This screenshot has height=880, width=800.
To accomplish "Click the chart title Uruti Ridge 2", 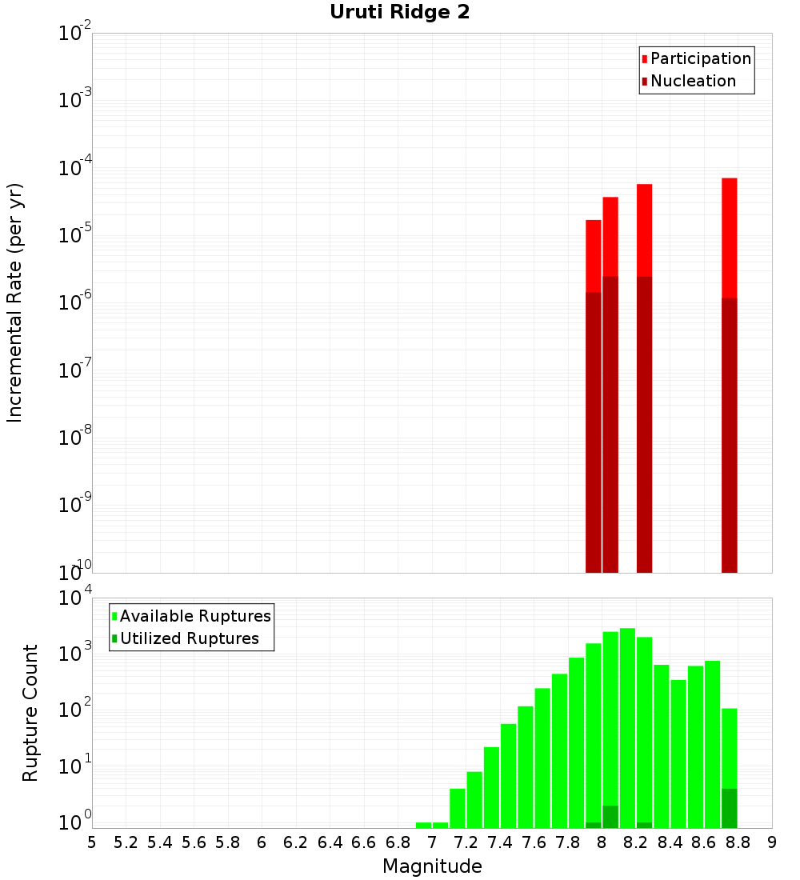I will [x=399, y=13].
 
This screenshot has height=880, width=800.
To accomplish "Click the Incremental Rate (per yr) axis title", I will [x=15, y=302].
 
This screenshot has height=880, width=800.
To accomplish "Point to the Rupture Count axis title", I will [x=30, y=713].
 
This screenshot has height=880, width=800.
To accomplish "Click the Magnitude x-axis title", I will [x=432, y=866].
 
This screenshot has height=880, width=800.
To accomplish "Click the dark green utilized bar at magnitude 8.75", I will [x=729, y=808].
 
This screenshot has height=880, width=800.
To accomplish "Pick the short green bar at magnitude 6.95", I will [x=423, y=825].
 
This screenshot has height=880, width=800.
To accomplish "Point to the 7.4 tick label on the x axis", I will [x=500, y=842].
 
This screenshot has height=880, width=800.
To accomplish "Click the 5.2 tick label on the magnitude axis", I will [x=126, y=842].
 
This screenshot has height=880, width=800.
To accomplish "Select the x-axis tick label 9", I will [x=772, y=842].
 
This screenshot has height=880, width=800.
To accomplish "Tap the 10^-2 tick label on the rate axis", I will [x=74, y=34].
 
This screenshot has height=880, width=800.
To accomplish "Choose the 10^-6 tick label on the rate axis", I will [x=74, y=302].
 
